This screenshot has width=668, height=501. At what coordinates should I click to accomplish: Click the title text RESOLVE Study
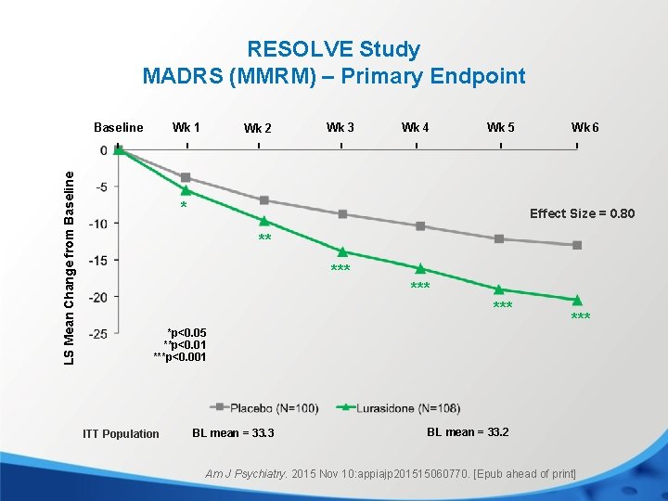click(x=333, y=49)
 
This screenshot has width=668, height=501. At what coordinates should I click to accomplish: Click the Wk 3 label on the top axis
click(x=340, y=126)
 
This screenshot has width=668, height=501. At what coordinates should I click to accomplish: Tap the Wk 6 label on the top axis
click(x=584, y=126)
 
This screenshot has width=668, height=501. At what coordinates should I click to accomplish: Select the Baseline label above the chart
click(x=119, y=127)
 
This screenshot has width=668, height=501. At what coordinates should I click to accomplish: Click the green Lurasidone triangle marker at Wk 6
click(x=577, y=300)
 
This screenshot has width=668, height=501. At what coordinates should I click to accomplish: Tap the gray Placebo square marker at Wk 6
click(x=577, y=245)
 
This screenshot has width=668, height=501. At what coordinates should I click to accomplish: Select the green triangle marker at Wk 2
click(x=264, y=221)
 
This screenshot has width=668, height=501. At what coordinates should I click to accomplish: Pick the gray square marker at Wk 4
click(x=420, y=226)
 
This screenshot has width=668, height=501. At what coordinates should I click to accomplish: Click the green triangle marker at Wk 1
click(x=186, y=190)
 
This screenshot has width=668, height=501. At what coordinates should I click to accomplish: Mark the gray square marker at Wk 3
click(x=342, y=214)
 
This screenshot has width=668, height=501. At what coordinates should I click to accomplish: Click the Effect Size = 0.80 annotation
click(x=582, y=213)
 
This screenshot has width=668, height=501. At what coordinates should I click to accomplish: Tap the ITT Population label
click(x=121, y=433)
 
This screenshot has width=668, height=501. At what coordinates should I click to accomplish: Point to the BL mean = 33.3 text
click(x=233, y=433)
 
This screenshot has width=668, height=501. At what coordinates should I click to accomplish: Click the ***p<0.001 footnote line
click(x=180, y=357)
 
